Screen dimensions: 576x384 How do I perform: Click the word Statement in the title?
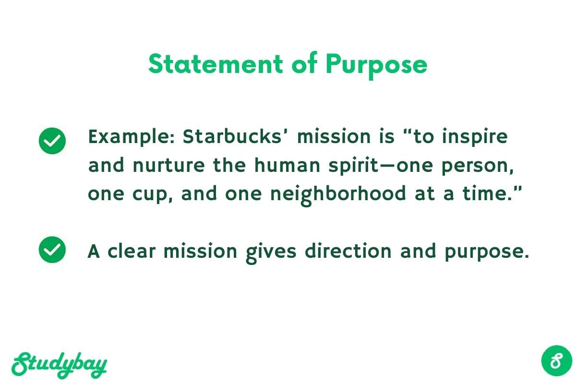click(216, 64)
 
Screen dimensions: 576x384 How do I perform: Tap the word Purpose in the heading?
click(376, 66)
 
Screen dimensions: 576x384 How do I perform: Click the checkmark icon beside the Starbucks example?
click(52, 141)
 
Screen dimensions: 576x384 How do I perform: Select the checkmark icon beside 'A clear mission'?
click(52, 250)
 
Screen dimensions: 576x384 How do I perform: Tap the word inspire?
click(475, 137)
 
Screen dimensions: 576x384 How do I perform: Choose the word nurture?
click(169, 166)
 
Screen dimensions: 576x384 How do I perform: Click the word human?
click(287, 165)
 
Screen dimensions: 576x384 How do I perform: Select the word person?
click(477, 167)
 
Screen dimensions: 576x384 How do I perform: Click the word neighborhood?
click(338, 195)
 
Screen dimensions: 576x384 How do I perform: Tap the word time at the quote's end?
click(488, 193)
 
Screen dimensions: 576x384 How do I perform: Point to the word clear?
click(132, 251)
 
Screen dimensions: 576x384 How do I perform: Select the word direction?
click(348, 251)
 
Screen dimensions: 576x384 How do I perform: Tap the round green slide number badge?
click(556, 360)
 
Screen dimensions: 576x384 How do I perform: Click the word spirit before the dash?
click(354, 166)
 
